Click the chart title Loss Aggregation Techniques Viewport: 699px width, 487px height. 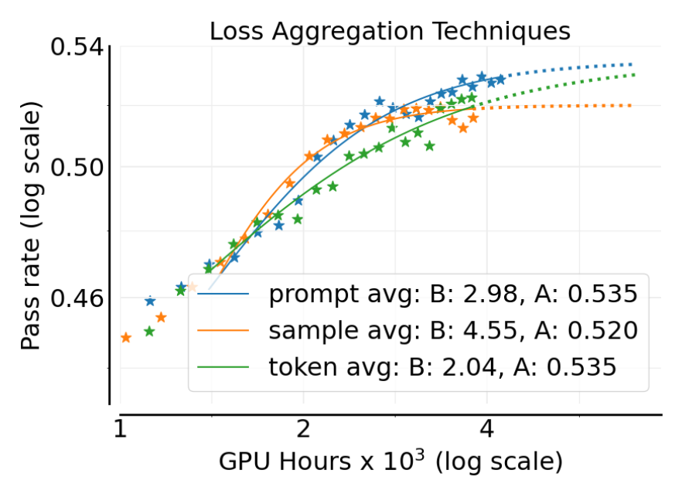[390, 31]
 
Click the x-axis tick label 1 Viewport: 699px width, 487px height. [119, 430]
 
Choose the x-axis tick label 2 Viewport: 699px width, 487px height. [303, 430]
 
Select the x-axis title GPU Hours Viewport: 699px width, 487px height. [390, 461]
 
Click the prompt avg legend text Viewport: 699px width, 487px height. [452, 294]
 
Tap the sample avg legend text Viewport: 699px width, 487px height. [452, 331]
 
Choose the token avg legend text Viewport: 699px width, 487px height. [442, 367]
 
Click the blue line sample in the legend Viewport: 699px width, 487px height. [224, 295]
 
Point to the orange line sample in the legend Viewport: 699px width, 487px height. [224, 331]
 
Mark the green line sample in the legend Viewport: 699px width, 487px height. [224, 367]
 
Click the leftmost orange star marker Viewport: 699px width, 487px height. [125, 338]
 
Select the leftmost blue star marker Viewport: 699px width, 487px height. [150, 301]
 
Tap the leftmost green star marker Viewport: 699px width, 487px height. [149, 332]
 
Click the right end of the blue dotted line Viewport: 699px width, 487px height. [632, 64]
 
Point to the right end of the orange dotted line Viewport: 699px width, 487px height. [632, 105]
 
